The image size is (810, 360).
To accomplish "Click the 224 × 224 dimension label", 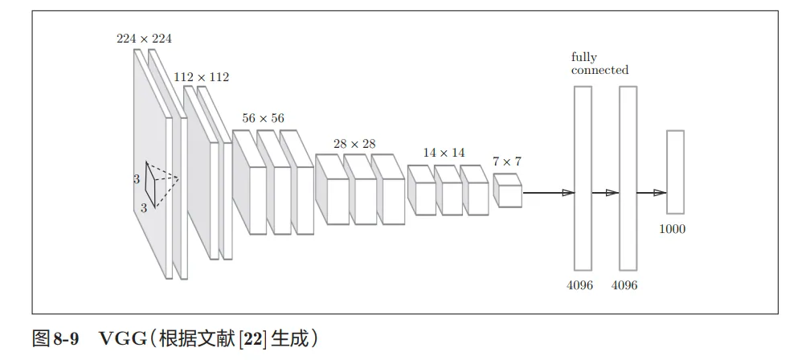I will [x=144, y=39].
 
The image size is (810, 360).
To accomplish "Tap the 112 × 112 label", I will [x=201, y=77].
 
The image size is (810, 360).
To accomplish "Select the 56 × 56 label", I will [x=263, y=118].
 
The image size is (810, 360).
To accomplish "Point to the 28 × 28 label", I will [x=354, y=144].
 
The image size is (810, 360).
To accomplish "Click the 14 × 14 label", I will [x=444, y=153].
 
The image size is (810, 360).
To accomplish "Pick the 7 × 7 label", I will [x=507, y=162].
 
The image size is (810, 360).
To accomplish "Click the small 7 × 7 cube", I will [x=507, y=191].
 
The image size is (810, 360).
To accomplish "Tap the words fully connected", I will [x=599, y=63].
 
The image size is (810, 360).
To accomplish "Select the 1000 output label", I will [x=673, y=229].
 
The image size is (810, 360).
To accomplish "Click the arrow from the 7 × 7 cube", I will [x=548, y=193].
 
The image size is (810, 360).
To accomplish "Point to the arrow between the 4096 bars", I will [x=605, y=193].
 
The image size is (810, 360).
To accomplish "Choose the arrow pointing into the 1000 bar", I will [x=651, y=193].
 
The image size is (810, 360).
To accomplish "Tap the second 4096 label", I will [x=624, y=285].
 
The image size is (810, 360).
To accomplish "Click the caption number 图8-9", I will [x=55, y=338].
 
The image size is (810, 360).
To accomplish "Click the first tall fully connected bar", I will [x=583, y=178].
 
